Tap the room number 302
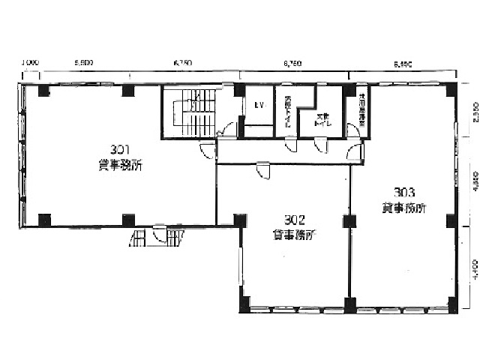(x=294, y=220)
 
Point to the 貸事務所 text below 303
(x=403, y=208)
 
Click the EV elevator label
(x=259, y=106)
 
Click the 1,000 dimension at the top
(x=30, y=63)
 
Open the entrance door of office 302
(x=262, y=171)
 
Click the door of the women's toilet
(x=320, y=145)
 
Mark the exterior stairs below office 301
(x=157, y=238)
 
